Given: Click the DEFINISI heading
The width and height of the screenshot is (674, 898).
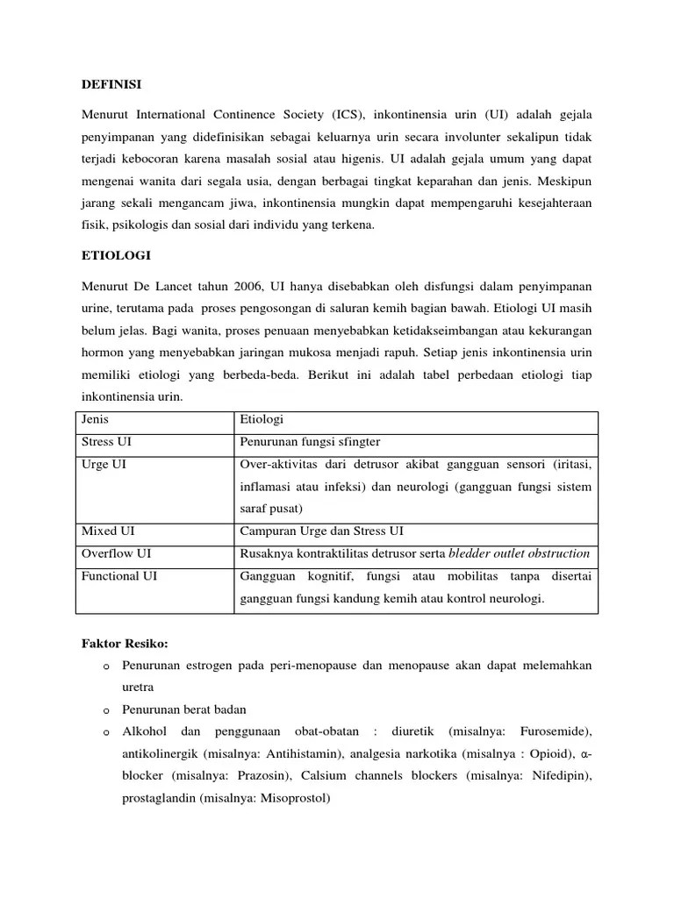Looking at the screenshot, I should [111, 85].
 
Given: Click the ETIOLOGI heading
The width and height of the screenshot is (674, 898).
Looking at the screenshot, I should [116, 255].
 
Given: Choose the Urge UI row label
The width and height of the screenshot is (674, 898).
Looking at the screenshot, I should [104, 464].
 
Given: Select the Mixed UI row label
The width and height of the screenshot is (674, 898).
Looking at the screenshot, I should [108, 531].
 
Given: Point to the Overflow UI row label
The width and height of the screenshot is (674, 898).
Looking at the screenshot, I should [116, 554].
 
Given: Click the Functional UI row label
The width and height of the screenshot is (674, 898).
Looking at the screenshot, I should [119, 576].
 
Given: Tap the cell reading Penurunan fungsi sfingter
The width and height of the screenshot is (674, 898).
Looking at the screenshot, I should [310, 442].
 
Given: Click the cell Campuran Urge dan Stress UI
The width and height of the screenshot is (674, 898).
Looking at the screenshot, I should [322, 531].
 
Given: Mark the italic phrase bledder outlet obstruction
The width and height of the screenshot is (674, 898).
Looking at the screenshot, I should [519, 554].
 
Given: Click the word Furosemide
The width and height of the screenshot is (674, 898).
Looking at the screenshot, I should [554, 731].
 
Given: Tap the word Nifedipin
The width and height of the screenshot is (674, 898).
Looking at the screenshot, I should [558, 776].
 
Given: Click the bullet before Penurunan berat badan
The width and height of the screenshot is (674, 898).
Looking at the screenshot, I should [104, 710].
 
